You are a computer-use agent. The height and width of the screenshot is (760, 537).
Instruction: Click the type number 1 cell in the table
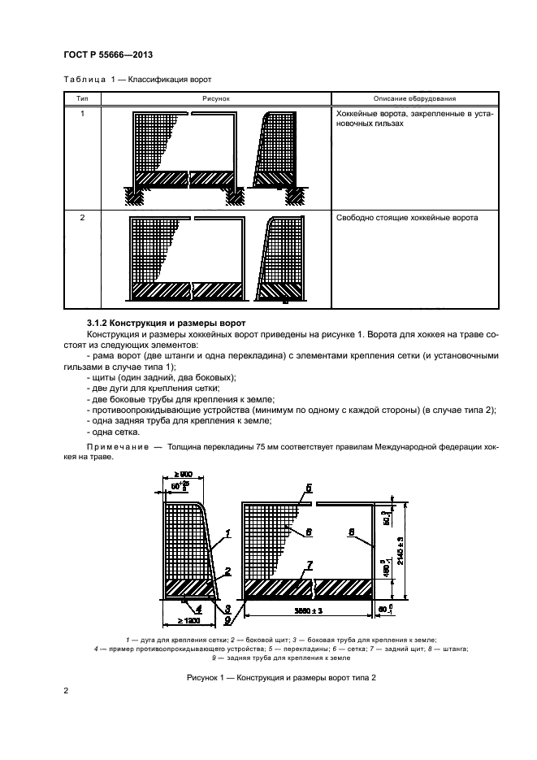[x=82, y=115]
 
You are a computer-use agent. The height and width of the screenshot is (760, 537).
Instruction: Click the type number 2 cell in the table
[x=82, y=218]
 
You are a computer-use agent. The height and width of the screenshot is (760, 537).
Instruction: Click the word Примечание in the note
[x=113, y=448]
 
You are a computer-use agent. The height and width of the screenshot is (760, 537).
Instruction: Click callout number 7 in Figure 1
[x=310, y=563]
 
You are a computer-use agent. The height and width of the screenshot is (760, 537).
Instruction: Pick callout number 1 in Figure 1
[x=228, y=532]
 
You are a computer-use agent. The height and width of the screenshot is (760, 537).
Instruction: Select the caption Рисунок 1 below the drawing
[x=268, y=677]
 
